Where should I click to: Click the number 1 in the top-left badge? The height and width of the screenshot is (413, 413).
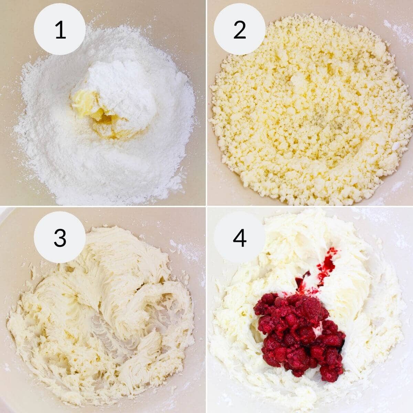pyautogui.click(x=60, y=30)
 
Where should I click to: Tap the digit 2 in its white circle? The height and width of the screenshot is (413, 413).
pyautogui.click(x=240, y=30)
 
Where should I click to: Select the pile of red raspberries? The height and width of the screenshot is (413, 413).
pyautogui.click(x=299, y=330)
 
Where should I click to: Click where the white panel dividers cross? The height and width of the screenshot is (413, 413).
pyautogui.click(x=206, y=206)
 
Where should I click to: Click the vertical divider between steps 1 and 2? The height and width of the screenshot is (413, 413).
pyautogui.click(x=206, y=103)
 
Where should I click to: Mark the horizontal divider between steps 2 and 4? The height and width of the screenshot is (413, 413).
pyautogui.click(x=310, y=206)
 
